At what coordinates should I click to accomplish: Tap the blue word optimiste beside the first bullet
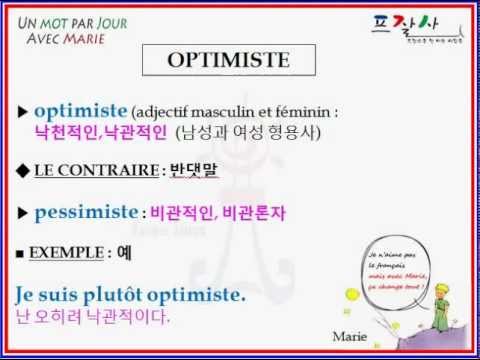pos(80,110)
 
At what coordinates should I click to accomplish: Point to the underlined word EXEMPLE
pos(68,253)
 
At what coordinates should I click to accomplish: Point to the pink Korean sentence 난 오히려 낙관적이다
pos(93,318)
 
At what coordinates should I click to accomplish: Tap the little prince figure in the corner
pos(448,300)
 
